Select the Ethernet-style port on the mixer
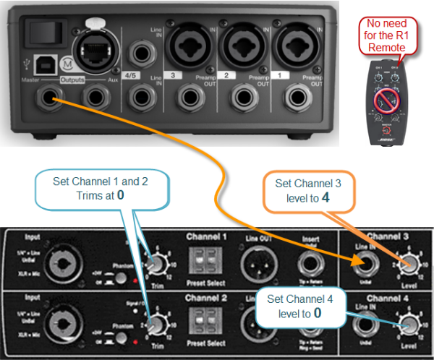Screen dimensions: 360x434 (93, 48)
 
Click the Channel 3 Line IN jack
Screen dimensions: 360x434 (364, 267)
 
